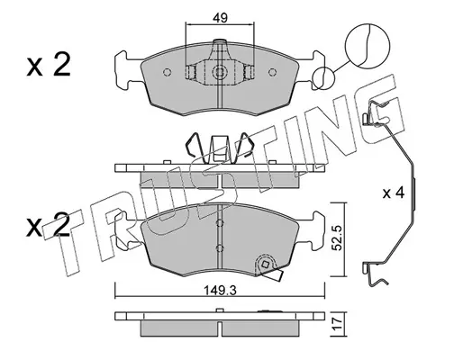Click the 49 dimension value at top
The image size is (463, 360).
[x=220, y=18]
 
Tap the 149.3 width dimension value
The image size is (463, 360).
[x=221, y=290]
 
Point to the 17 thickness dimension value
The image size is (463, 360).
[x=338, y=324]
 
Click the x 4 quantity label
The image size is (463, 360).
[x=394, y=193]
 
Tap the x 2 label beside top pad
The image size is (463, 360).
[x=49, y=65]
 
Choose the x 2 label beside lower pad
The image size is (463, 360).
[x=49, y=226]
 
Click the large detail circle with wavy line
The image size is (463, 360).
[x=368, y=45]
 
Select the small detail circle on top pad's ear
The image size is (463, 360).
[x=323, y=78]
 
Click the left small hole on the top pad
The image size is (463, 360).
[x=168, y=72]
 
